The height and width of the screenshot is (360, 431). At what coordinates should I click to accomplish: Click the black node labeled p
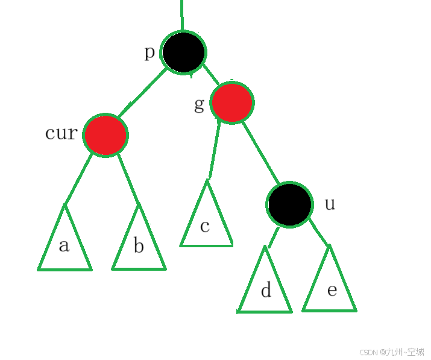click(x=184, y=52)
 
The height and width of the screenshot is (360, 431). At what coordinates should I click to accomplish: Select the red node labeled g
click(x=231, y=103)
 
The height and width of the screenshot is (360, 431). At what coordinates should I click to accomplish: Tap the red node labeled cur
click(x=105, y=135)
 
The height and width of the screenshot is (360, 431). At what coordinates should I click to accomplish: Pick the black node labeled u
click(x=289, y=204)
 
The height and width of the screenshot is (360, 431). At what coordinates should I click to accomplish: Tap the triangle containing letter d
click(x=265, y=288)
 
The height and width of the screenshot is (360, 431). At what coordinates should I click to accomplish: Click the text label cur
click(x=61, y=133)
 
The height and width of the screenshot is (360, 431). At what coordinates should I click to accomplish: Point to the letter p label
click(x=150, y=52)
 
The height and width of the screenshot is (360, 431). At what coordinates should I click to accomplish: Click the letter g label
click(x=200, y=104)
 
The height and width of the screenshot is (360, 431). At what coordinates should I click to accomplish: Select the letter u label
click(x=330, y=204)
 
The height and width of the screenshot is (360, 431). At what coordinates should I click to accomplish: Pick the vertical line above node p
click(x=181, y=15)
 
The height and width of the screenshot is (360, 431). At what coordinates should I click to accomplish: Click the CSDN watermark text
click(x=391, y=352)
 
